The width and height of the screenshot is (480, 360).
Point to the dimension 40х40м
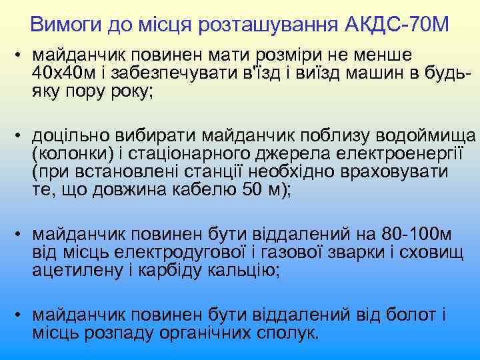pos(65,73)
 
